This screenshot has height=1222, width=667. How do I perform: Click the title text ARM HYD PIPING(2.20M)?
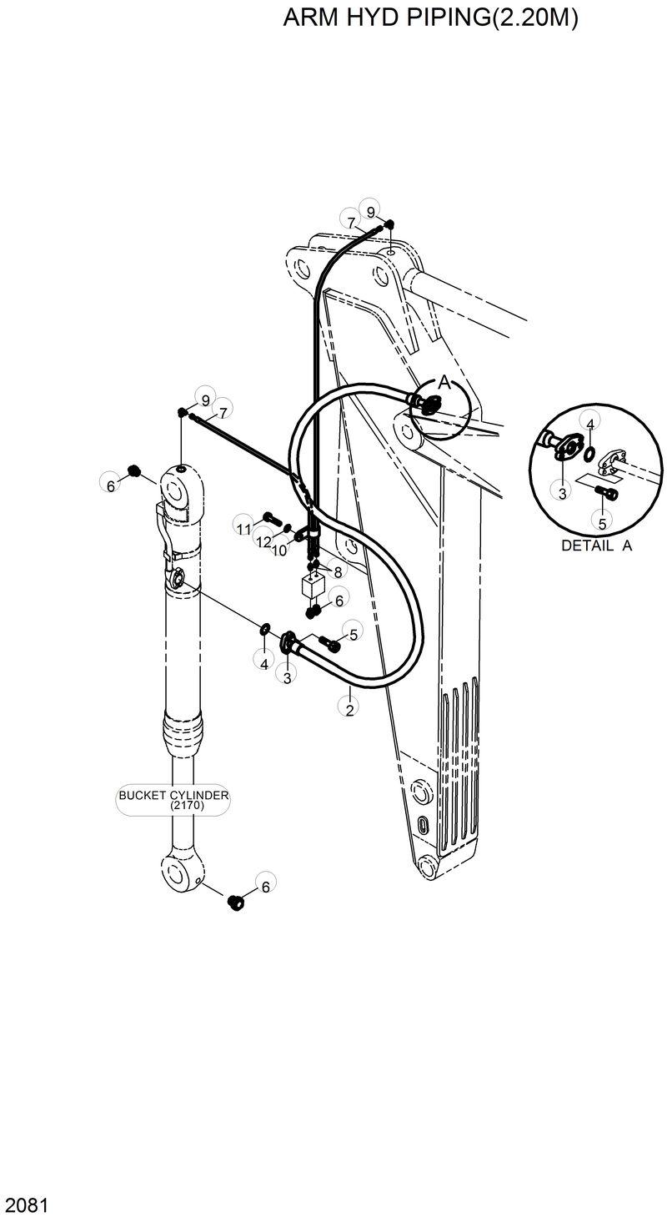tap(430, 18)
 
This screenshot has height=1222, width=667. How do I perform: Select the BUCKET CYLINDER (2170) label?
tap(173, 800)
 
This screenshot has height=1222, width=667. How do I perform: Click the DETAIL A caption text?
tap(596, 546)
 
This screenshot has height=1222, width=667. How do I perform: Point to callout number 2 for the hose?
tap(349, 709)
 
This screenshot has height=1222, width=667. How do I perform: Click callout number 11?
tap(243, 529)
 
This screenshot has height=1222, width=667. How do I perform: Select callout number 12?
tap(263, 542)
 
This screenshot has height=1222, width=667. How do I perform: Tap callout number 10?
tap(279, 551)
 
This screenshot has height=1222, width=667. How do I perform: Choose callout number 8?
tap(338, 571)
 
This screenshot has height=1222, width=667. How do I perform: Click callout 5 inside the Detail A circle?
tap(601, 523)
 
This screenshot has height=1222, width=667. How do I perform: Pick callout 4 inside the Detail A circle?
tap(589, 424)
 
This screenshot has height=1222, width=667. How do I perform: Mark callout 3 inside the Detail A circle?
tap(562, 493)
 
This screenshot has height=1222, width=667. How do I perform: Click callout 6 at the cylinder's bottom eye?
tap(265, 887)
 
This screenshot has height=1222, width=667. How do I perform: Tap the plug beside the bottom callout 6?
tap(235, 902)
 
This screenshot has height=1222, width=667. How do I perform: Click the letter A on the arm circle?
tap(444, 383)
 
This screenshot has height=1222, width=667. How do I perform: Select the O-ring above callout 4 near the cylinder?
tap(264, 628)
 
